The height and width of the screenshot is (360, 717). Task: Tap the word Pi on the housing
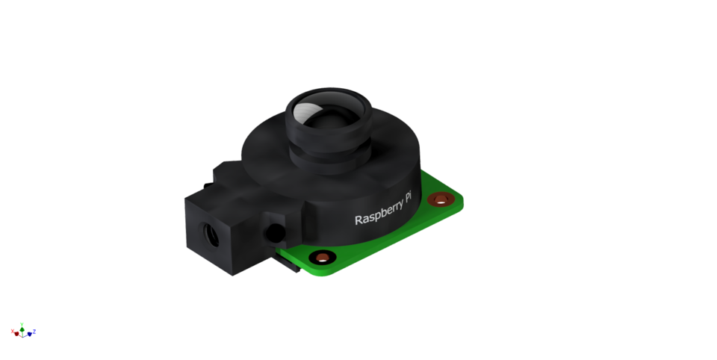(408, 197)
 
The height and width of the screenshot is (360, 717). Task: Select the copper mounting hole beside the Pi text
(441, 199)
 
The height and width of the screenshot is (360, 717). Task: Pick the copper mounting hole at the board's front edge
(322, 258)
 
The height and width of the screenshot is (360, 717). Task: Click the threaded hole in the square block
(212, 235)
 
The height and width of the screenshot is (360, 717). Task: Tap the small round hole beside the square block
(276, 231)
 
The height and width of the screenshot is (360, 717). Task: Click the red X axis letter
(13, 331)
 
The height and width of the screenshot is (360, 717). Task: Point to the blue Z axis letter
(34, 331)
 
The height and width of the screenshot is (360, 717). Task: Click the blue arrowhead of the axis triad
(29, 334)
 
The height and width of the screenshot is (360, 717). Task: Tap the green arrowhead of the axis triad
(22, 329)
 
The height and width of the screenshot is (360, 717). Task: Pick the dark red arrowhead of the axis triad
(17, 334)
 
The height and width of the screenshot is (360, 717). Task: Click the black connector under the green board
(288, 261)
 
